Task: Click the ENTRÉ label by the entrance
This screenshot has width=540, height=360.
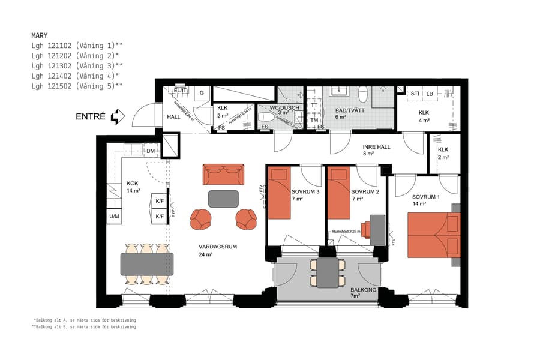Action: (x=91, y=116)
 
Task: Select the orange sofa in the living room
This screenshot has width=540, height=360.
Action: (x=223, y=175)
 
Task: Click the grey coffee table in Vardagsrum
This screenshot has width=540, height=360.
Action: (x=223, y=198)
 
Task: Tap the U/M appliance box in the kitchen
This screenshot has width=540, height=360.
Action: (x=114, y=216)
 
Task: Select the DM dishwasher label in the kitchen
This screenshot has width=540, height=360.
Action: (x=151, y=151)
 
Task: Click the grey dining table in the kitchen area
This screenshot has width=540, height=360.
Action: (x=147, y=264)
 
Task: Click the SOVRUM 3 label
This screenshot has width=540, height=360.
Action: (x=305, y=191)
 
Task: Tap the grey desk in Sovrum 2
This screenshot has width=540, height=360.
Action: (x=377, y=230)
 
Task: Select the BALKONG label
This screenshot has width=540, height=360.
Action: (x=364, y=289)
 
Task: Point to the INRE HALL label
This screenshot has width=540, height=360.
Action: (x=377, y=146)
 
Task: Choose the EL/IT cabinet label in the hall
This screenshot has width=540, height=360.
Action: (x=180, y=91)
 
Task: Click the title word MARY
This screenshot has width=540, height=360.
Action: (x=40, y=35)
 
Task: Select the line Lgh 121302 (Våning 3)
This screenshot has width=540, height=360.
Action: (x=77, y=65)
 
